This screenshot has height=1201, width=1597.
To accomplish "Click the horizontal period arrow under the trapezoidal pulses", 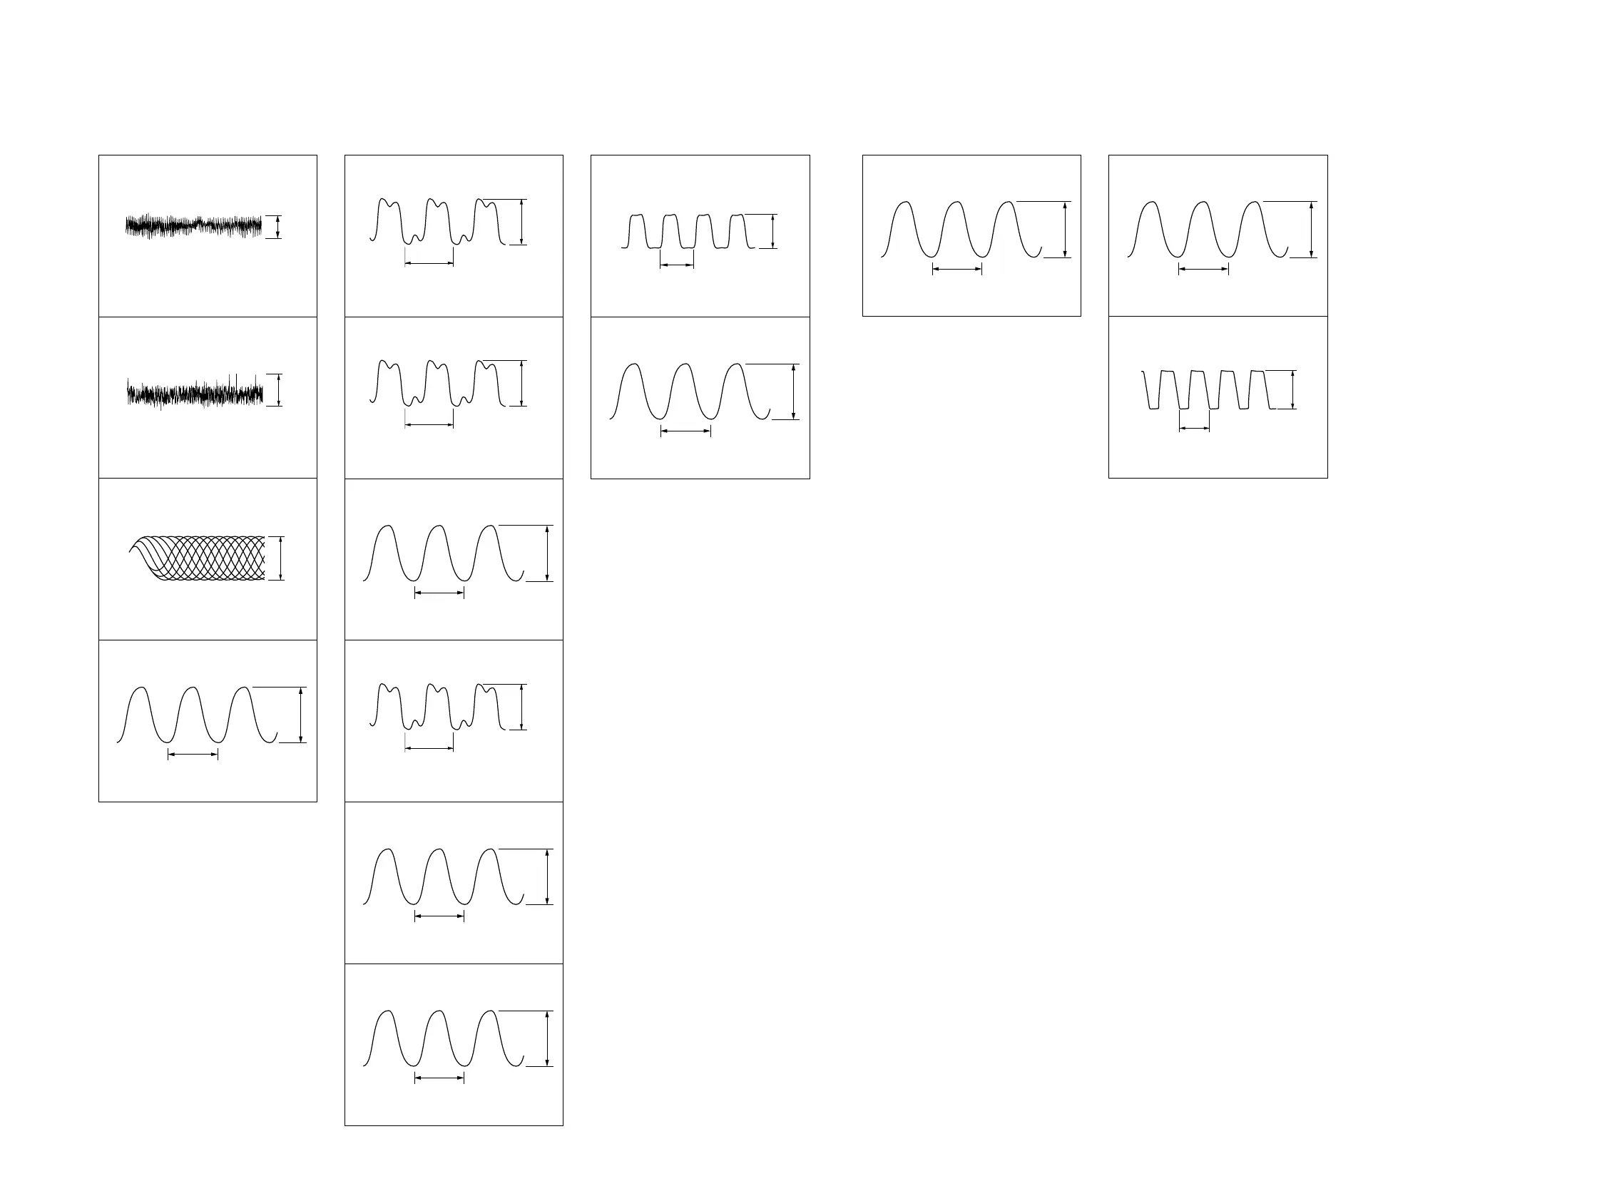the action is pyautogui.click(x=1193, y=429).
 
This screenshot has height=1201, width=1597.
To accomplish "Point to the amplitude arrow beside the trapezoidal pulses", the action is pyautogui.click(x=1292, y=389).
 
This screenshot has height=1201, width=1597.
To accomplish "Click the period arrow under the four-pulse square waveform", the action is pyautogui.click(x=676, y=265).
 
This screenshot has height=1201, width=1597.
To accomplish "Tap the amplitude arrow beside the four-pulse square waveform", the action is pyautogui.click(x=772, y=231).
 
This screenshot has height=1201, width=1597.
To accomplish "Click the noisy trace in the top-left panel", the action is pyautogui.click(x=193, y=226).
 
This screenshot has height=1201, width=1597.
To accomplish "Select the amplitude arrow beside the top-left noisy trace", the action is pyautogui.click(x=278, y=227).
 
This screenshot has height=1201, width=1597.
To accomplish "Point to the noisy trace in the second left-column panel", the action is pyautogui.click(x=195, y=394).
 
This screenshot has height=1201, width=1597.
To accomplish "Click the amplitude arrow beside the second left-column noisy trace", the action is pyautogui.click(x=279, y=389).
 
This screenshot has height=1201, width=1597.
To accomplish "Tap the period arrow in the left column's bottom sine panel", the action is pyautogui.click(x=193, y=755).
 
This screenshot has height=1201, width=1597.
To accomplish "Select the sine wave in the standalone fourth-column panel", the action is pyautogui.click(x=960, y=230).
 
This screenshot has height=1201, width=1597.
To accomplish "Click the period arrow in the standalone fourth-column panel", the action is pyautogui.click(x=957, y=269).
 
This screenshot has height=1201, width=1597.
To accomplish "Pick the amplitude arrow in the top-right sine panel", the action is pyautogui.click(x=1311, y=230).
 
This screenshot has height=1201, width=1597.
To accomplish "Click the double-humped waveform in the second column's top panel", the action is pyautogui.click(x=437, y=221).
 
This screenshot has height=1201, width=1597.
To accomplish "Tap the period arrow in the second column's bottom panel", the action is pyautogui.click(x=439, y=1078).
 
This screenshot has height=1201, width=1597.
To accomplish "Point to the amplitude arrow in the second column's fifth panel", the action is pyautogui.click(x=547, y=877).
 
